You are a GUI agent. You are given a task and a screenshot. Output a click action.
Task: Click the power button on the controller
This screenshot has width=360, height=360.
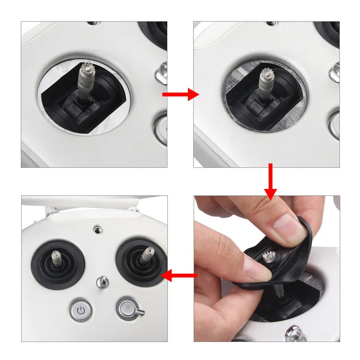pyautogui.click(x=81, y=310)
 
